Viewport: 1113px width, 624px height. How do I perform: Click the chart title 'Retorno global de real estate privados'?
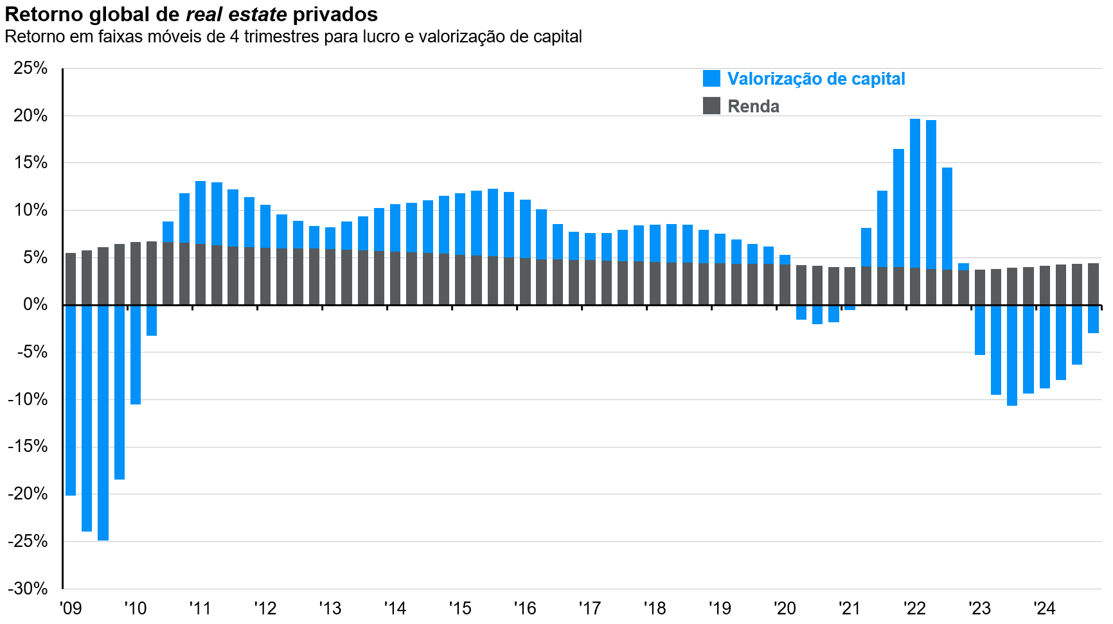(x=191, y=14)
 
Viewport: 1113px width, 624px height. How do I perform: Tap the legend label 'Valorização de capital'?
(x=815, y=79)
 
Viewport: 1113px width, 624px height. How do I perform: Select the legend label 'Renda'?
(x=753, y=107)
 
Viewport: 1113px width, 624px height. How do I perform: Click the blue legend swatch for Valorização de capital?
(x=711, y=78)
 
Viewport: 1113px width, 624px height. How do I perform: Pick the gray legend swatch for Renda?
(x=711, y=106)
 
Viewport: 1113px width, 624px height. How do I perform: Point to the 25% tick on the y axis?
(x=30, y=68)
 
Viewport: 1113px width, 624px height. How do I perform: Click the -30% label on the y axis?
(x=28, y=588)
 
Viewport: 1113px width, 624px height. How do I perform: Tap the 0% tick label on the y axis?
(x=35, y=304)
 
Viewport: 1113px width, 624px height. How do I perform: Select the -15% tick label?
(x=28, y=446)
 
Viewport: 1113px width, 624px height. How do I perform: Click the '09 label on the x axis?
(x=71, y=608)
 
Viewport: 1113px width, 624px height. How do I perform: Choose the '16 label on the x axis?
(x=525, y=608)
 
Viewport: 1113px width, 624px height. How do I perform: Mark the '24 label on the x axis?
(x=1044, y=608)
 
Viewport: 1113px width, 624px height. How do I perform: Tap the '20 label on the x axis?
(x=785, y=608)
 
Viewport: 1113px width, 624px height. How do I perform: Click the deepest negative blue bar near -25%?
(x=103, y=424)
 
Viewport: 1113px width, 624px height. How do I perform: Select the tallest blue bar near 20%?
(x=915, y=193)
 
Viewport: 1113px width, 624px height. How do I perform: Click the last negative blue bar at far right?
(x=1093, y=319)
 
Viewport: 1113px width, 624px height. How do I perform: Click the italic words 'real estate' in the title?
(x=236, y=14)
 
